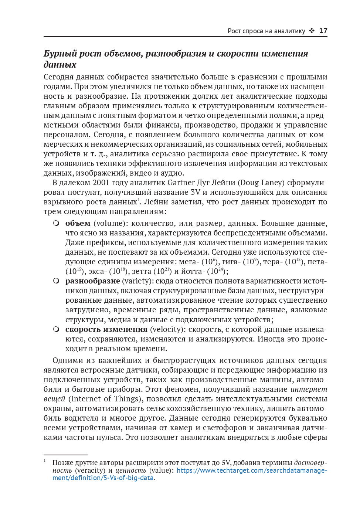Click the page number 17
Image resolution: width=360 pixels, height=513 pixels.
(323, 31)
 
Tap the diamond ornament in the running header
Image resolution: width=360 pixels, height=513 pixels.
(312, 31)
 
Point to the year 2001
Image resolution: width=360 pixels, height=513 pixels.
(101, 183)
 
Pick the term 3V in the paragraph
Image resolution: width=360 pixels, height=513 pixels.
(196, 192)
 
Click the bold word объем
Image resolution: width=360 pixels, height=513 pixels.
(78, 223)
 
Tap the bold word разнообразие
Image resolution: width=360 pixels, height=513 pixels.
(92, 281)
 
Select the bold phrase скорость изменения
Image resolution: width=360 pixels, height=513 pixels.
(106, 329)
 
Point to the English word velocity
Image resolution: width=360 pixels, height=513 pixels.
(167, 329)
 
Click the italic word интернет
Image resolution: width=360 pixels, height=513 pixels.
(309, 389)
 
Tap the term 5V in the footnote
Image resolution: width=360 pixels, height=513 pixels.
(226, 463)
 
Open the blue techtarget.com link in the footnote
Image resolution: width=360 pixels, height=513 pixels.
(251, 470)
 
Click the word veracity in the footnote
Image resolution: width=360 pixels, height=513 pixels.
(90, 470)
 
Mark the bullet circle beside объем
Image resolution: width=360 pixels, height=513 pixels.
(56, 223)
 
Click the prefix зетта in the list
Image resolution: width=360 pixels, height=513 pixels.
(141, 271)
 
